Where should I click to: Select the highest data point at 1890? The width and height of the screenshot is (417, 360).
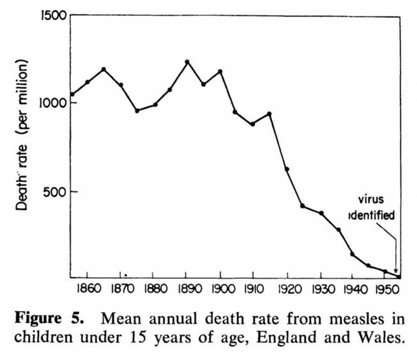(187, 62)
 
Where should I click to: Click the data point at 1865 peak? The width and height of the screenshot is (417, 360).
(103, 69)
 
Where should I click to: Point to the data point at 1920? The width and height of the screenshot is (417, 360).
(287, 169)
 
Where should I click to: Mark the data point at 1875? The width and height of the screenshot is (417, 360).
(137, 110)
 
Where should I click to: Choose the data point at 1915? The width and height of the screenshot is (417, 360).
(269, 114)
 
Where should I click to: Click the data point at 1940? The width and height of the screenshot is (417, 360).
(353, 254)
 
